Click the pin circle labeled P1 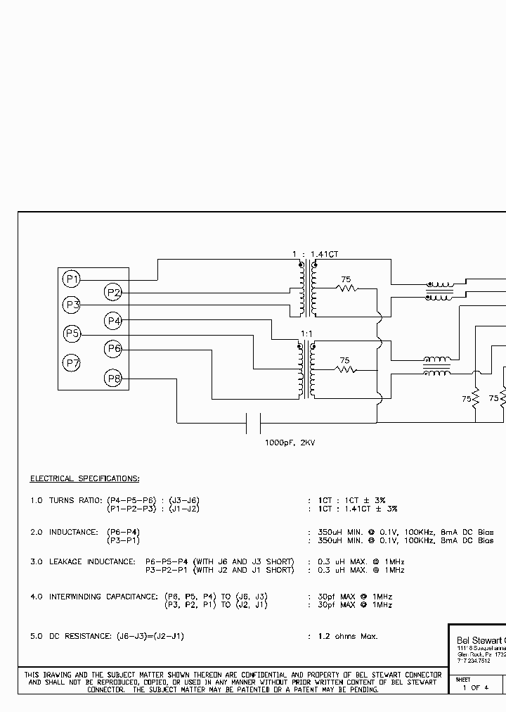click(71, 279)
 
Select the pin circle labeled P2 click(113, 293)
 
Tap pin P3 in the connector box click(71, 305)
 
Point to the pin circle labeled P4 click(113, 322)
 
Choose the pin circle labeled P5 click(71, 333)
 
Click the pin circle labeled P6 click(113, 348)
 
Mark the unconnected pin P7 click(71, 363)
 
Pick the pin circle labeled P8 click(113, 379)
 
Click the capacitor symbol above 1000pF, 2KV click(254, 423)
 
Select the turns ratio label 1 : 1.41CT click(320, 254)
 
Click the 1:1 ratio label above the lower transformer click(307, 333)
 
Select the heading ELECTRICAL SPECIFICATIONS click(84, 479)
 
